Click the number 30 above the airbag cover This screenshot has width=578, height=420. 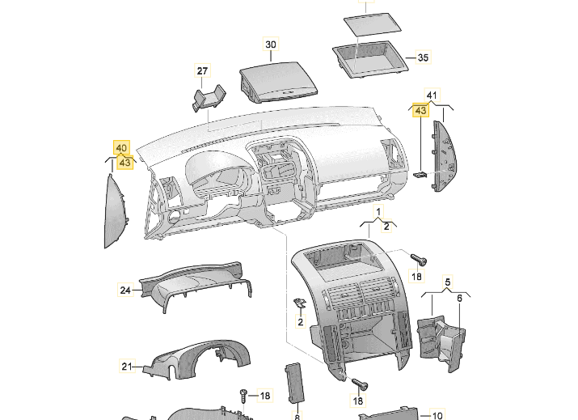(x=270, y=44)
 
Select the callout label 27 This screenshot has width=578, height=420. (x=203, y=71)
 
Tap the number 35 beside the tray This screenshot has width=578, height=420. (x=423, y=58)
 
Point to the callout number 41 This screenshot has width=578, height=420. (x=432, y=96)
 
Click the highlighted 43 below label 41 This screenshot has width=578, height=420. (x=420, y=110)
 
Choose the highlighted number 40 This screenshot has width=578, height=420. (x=121, y=148)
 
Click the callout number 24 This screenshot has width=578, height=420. (x=125, y=289)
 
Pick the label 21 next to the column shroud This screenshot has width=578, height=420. (x=126, y=367)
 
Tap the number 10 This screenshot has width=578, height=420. (x=438, y=414)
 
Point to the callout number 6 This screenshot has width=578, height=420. (x=460, y=299)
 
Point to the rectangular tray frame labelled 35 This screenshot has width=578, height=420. (x=373, y=60)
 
